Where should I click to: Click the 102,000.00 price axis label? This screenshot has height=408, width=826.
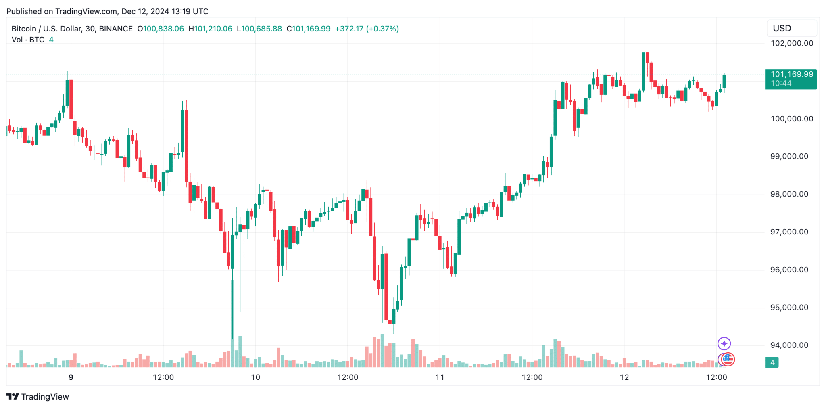[x=791, y=43]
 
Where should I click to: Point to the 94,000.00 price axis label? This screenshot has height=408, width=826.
[x=789, y=345]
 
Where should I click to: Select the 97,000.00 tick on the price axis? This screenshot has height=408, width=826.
[x=789, y=232]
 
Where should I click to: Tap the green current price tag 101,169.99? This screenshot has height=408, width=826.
[x=791, y=75]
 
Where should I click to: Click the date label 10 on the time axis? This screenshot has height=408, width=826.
[x=255, y=377]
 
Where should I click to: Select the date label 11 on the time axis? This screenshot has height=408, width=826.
[x=440, y=377]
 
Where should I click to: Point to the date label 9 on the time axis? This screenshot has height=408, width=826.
[x=71, y=377]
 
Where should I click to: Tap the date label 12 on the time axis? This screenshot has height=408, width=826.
[x=624, y=377]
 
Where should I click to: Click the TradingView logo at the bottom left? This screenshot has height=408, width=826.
[x=38, y=397]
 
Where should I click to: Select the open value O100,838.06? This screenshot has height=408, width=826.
[x=161, y=29]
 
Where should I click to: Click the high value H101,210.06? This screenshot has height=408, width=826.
[x=211, y=29]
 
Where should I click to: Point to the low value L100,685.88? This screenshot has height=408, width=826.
[x=259, y=29]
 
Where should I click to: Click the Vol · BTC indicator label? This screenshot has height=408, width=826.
[x=28, y=40]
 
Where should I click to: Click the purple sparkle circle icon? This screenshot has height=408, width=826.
[x=724, y=343]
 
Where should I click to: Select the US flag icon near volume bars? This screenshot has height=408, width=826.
[x=728, y=359]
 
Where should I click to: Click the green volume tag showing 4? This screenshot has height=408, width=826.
[x=772, y=362]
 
